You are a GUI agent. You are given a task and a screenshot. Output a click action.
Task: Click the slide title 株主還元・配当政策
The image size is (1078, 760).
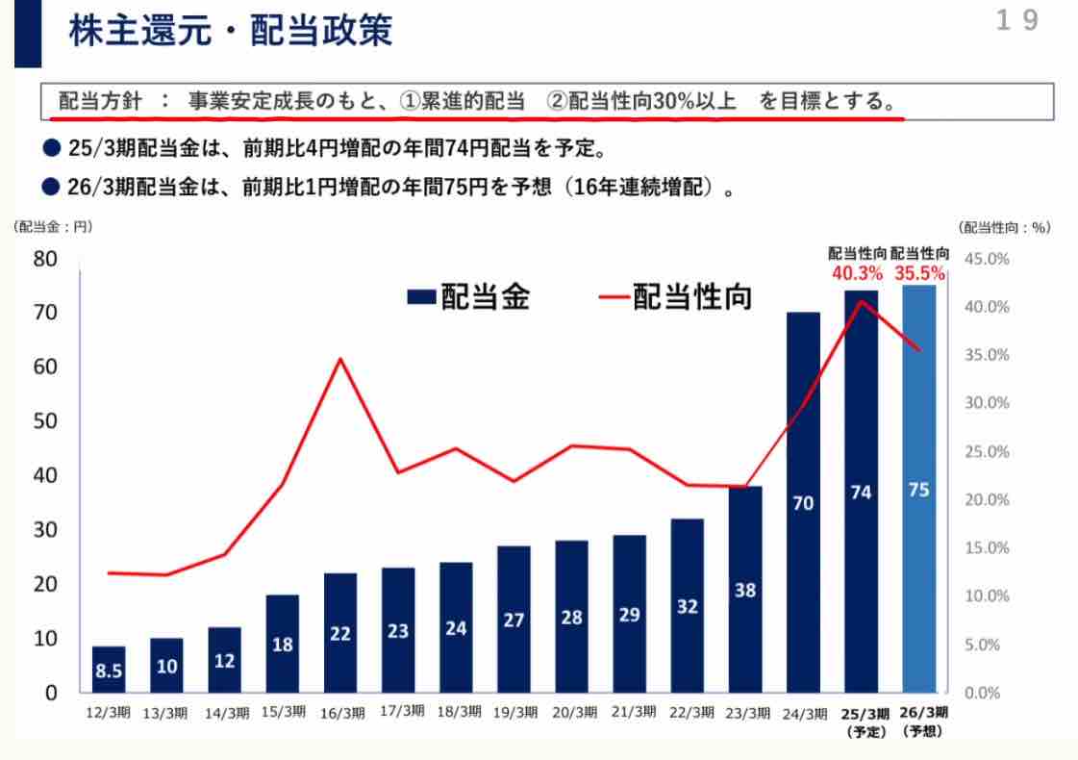tap(230, 32)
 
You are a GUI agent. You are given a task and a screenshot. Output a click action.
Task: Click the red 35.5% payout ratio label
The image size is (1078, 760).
tap(920, 274)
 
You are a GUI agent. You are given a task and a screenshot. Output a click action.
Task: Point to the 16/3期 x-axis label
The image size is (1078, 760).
tap(342, 713)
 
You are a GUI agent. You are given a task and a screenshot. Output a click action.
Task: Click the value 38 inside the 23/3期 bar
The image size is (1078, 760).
tap(745, 592)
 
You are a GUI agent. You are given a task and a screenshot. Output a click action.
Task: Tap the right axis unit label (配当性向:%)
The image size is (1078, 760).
tap(1005, 228)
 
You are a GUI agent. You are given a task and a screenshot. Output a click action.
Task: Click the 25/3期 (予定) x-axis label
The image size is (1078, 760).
tap(862, 721)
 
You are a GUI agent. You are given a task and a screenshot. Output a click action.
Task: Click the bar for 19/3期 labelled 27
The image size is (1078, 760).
tap(514, 620)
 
